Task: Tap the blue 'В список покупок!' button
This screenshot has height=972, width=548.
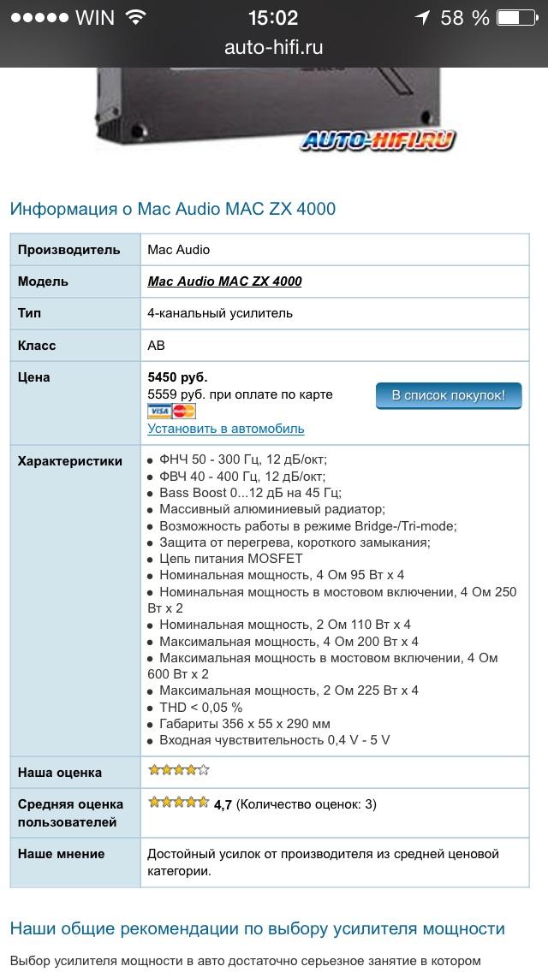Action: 449,395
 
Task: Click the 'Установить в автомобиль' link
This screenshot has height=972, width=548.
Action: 226,429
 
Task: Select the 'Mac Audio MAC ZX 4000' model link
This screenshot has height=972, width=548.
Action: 224,281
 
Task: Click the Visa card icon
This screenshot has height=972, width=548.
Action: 159,411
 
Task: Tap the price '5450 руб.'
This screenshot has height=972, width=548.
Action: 177,376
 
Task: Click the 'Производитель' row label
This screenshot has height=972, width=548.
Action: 69,249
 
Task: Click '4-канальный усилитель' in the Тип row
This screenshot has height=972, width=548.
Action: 220,313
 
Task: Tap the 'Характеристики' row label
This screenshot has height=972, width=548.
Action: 70,460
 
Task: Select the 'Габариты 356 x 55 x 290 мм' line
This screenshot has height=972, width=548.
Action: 244,723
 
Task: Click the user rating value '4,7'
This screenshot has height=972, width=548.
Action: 223,804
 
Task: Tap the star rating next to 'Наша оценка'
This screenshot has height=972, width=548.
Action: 178,770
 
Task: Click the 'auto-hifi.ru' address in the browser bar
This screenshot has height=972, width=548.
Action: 273,48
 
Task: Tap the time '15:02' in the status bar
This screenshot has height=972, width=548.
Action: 273,18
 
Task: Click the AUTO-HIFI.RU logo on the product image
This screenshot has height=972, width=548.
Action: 378,139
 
